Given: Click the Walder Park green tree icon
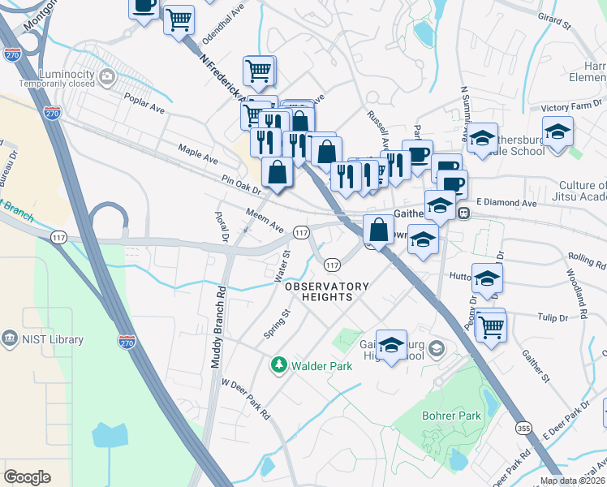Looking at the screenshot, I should pyautogui.click(x=279, y=366).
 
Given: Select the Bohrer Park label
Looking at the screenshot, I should pyautogui.click(x=451, y=416).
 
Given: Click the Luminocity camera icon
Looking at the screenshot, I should pyautogui.click(x=110, y=77).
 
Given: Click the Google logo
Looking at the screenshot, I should pyautogui.click(x=27, y=476).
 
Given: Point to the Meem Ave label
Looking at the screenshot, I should pyautogui.click(x=265, y=218).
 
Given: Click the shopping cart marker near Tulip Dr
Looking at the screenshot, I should pyautogui.click(x=490, y=326).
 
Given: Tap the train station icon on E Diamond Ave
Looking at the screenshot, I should pyautogui.click(x=464, y=213).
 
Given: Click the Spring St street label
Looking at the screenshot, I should pyautogui.click(x=277, y=324).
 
